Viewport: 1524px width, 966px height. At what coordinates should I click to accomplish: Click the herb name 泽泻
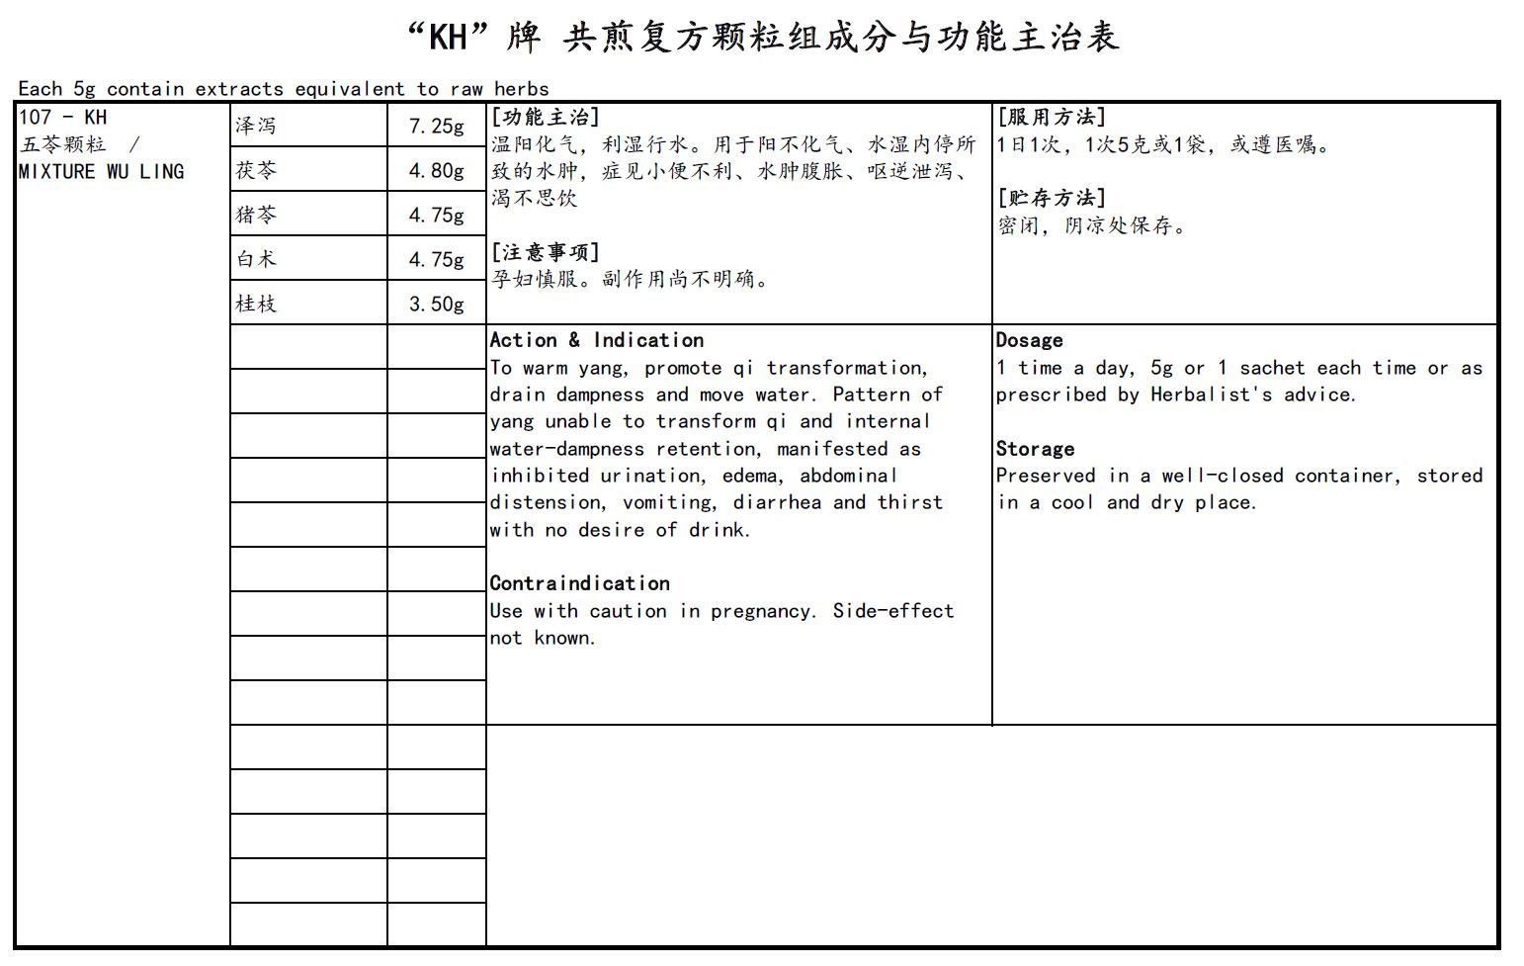[x=256, y=126]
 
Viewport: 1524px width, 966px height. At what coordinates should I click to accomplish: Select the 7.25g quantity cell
[x=436, y=126]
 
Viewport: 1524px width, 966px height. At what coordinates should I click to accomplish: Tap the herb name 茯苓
[x=256, y=170]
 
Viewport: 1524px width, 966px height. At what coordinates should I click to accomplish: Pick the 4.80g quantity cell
[x=436, y=170]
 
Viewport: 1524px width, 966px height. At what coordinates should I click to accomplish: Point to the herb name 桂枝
[x=256, y=304]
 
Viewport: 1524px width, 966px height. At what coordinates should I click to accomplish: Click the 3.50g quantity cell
[x=436, y=304]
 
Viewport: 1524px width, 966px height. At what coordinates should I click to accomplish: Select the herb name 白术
[x=256, y=259]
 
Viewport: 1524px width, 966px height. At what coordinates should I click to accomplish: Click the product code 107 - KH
[x=62, y=117]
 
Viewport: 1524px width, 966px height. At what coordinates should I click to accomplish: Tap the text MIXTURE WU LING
[x=101, y=171]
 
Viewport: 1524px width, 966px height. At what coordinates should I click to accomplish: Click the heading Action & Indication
[x=597, y=340]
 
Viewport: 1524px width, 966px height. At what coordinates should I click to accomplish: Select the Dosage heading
[x=1029, y=340]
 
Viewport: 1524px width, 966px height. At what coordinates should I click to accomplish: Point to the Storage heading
[x=1035, y=449]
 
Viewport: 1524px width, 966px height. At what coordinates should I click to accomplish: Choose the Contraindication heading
[x=580, y=583]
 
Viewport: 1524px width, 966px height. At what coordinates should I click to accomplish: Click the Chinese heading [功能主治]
[x=546, y=117]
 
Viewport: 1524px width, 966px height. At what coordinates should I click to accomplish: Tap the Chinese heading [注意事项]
[x=546, y=252]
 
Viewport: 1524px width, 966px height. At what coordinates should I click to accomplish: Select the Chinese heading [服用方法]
[x=1052, y=117]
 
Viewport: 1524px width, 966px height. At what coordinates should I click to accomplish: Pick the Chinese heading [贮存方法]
[x=1052, y=198]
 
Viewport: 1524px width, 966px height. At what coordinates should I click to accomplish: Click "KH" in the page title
[x=449, y=38]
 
